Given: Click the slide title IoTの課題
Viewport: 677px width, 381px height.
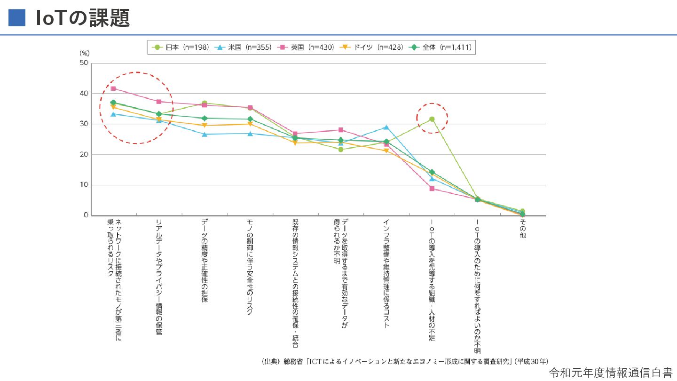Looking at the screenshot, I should click(x=83, y=18).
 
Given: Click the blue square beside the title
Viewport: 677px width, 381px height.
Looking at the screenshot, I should click(x=16, y=17).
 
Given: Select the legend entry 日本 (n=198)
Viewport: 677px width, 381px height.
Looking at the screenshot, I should click(x=181, y=48).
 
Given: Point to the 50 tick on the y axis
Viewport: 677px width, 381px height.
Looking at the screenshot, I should click(x=84, y=63).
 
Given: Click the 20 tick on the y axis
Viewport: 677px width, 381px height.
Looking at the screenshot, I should click(x=84, y=155).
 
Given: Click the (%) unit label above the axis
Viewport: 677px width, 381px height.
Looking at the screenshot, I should click(x=84, y=54).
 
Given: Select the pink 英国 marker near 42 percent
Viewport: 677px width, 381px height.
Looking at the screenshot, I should click(x=113, y=88).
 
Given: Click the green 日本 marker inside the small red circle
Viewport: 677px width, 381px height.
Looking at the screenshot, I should click(x=432, y=119).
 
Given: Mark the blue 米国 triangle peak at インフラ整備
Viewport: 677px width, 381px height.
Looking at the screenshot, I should click(x=386, y=127).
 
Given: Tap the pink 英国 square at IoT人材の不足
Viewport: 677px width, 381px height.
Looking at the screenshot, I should click(x=432, y=189).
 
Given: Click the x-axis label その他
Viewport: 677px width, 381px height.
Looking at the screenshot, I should click(x=522, y=228).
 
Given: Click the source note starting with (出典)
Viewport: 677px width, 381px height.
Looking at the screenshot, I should click(x=404, y=361).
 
